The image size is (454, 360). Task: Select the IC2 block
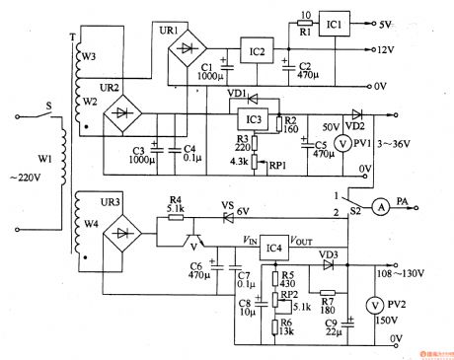pos(257,51)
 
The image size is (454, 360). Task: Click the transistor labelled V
pos(195,241)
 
